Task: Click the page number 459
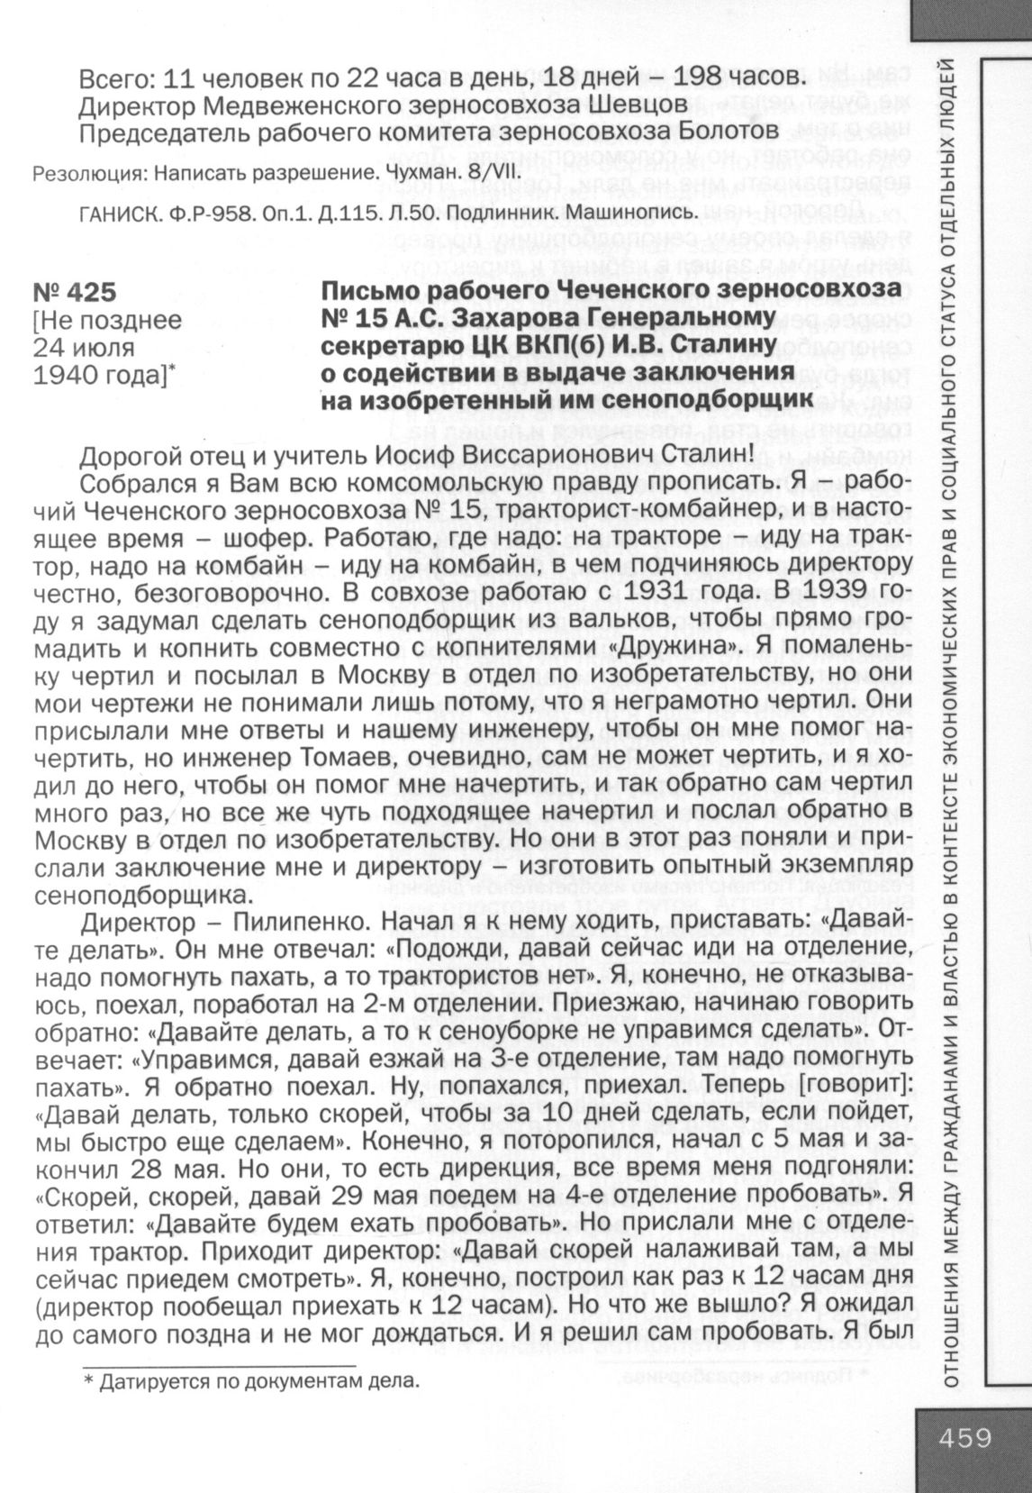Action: [x=964, y=1436]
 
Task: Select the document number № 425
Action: [x=75, y=293]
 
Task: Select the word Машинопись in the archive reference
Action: [x=643, y=213]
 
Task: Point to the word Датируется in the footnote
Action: [x=149, y=1380]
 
